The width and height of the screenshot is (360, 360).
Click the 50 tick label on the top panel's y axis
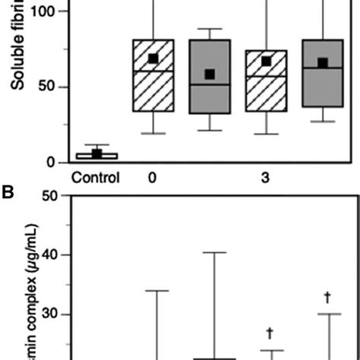48,87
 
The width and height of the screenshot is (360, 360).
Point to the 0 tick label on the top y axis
52,162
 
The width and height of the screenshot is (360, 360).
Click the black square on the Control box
96,153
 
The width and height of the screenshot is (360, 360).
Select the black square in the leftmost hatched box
153,58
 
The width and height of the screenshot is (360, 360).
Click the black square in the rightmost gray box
322,63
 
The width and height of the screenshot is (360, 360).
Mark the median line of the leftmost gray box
209,85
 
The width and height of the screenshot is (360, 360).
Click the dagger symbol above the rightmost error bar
328,297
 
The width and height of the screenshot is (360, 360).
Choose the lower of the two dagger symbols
270,333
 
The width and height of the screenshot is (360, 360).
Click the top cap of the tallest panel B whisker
214,252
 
